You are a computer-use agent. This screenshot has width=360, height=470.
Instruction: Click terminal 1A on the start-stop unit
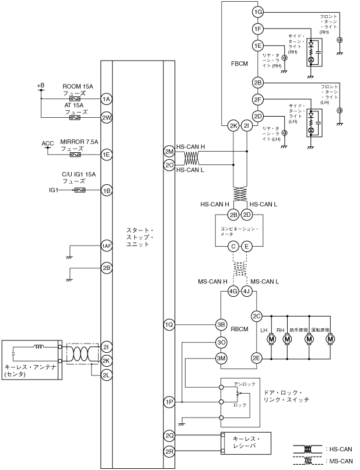tap(107, 99)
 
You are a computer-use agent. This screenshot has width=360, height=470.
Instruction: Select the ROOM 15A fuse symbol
tap(75, 99)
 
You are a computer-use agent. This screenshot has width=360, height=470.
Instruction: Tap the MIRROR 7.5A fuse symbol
tap(75, 155)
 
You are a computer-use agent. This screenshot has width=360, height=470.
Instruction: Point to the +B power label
tap(41, 86)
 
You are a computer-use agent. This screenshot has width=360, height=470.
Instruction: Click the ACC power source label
tap(48, 143)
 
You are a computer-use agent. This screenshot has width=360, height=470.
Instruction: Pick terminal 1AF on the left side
tap(107, 246)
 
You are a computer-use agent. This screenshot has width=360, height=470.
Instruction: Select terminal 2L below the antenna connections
tap(107, 375)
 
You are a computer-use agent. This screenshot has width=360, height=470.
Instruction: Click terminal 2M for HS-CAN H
tap(169, 152)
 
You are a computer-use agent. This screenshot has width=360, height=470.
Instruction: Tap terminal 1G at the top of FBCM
tap(258, 12)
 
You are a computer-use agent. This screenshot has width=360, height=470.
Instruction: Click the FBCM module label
tap(240, 64)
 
